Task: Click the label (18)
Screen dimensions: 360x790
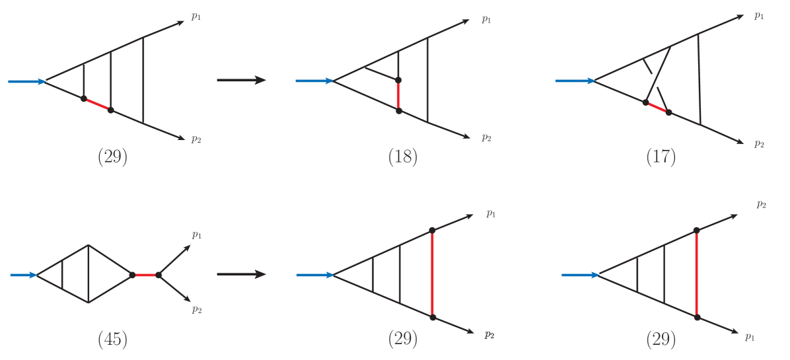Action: pyautogui.click(x=403, y=157)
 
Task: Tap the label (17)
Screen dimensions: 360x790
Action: pyautogui.click(x=661, y=157)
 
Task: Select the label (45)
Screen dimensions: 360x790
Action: pyautogui.click(x=112, y=340)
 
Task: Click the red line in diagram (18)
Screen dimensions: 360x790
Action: pyautogui.click(x=398, y=96)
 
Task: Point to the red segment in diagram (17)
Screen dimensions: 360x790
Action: pyautogui.click(x=657, y=107)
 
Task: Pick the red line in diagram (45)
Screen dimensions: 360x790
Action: pyautogui.click(x=145, y=275)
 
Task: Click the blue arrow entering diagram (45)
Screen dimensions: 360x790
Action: pyautogui.click(x=23, y=275)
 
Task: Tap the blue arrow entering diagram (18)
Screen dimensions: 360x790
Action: pyautogui.click(x=314, y=81)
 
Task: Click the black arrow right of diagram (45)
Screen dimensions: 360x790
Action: pyautogui.click(x=241, y=274)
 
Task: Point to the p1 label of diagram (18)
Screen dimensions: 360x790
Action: pyautogui.click(x=486, y=19)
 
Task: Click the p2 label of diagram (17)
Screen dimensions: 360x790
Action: pyautogui.click(x=760, y=143)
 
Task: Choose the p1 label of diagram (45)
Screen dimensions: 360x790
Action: pyautogui.click(x=197, y=234)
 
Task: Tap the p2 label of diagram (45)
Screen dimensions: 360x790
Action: pyautogui.click(x=197, y=309)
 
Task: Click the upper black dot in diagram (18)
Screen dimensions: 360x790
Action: pyautogui.click(x=398, y=81)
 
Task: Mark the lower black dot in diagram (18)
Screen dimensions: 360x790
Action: pyautogui.click(x=398, y=111)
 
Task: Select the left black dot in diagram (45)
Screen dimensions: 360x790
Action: pyautogui.click(x=132, y=275)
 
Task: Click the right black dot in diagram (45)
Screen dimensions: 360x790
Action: pyautogui.click(x=159, y=275)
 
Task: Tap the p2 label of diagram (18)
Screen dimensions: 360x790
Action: pyautogui.click(x=486, y=137)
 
